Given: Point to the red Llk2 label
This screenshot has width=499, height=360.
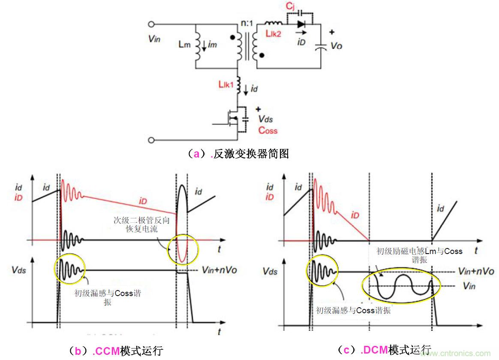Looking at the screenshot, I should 273,34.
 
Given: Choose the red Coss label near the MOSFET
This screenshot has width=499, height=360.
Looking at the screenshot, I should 268,130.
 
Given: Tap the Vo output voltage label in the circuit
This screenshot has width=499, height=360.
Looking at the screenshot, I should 336,45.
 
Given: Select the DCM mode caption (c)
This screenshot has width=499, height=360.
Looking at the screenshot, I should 384,351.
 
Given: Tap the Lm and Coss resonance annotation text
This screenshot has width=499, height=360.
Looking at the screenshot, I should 419,255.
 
